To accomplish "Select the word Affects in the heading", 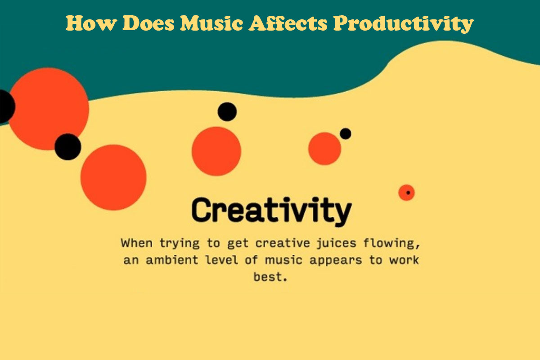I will [286, 23].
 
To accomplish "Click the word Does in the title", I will [146, 23].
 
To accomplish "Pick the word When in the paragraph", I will [137, 243].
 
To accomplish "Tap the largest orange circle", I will [49, 108].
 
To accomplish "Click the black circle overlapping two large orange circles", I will [67, 147].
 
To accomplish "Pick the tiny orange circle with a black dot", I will [406, 193].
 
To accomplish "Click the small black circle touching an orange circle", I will [345, 134].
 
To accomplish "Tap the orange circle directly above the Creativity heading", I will [216, 151].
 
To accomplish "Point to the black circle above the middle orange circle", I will [227, 112].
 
